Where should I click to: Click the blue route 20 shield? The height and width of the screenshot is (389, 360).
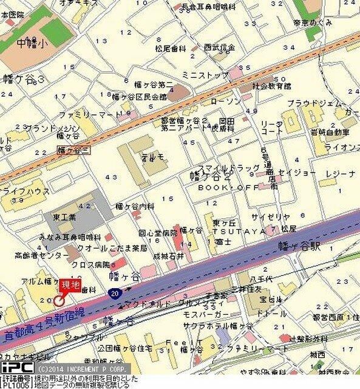coord(116,294)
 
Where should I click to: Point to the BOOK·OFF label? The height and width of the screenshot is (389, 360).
coord(220,188)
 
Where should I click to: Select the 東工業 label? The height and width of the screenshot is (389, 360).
coord(64,217)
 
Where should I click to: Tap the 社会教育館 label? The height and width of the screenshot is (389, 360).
coord(271,87)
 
